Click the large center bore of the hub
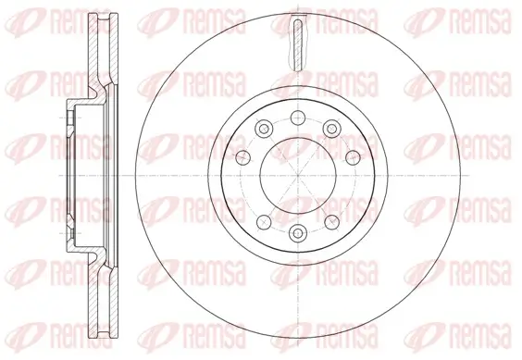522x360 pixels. click(295, 176)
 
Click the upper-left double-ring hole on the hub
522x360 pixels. click(262, 128)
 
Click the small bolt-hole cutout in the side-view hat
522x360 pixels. click(72, 118)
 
